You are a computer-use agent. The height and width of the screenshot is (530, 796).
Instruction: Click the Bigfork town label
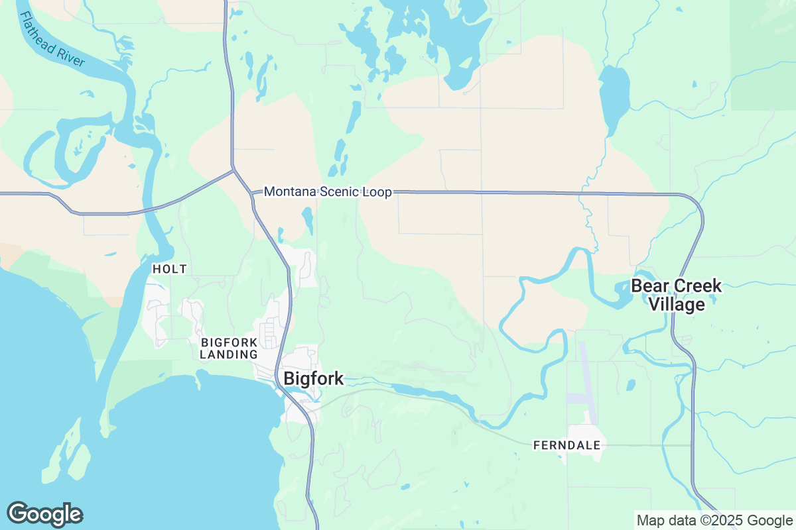[x=313, y=378]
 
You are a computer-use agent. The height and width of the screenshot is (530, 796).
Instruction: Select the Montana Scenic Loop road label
[x=328, y=192]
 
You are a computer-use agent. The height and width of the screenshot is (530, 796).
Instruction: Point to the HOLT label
[x=170, y=269]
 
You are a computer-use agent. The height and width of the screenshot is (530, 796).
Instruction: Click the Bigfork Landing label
[x=230, y=348]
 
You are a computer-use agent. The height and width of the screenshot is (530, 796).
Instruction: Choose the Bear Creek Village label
[x=676, y=295]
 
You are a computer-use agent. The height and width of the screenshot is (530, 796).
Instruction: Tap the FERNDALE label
[x=567, y=446]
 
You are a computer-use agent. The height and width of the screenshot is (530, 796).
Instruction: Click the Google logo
[x=45, y=514]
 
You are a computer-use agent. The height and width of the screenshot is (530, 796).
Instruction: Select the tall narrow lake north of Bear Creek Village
[x=614, y=99]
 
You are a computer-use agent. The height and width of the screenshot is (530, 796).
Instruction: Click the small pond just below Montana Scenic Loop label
[x=307, y=220]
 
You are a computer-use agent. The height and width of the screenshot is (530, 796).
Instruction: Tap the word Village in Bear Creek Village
[x=676, y=305]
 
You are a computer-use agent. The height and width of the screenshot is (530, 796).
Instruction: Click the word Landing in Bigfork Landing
[x=230, y=355]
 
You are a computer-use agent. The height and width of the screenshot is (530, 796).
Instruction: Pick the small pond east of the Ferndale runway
[x=631, y=384]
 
